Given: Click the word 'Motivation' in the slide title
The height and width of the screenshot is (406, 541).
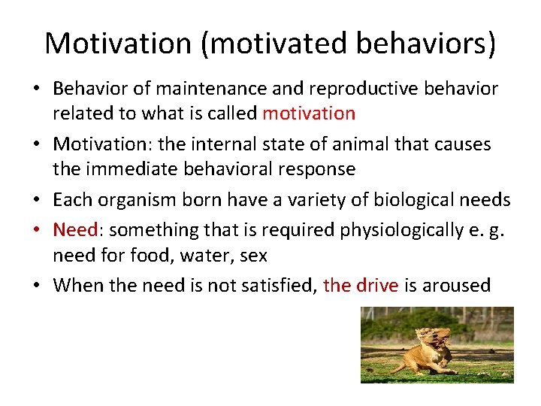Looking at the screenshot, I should coord(119,44).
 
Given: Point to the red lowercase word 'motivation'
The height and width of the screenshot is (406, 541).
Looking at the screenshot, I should coord(309,114).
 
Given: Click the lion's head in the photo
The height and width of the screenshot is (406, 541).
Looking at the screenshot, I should coord(436,337).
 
